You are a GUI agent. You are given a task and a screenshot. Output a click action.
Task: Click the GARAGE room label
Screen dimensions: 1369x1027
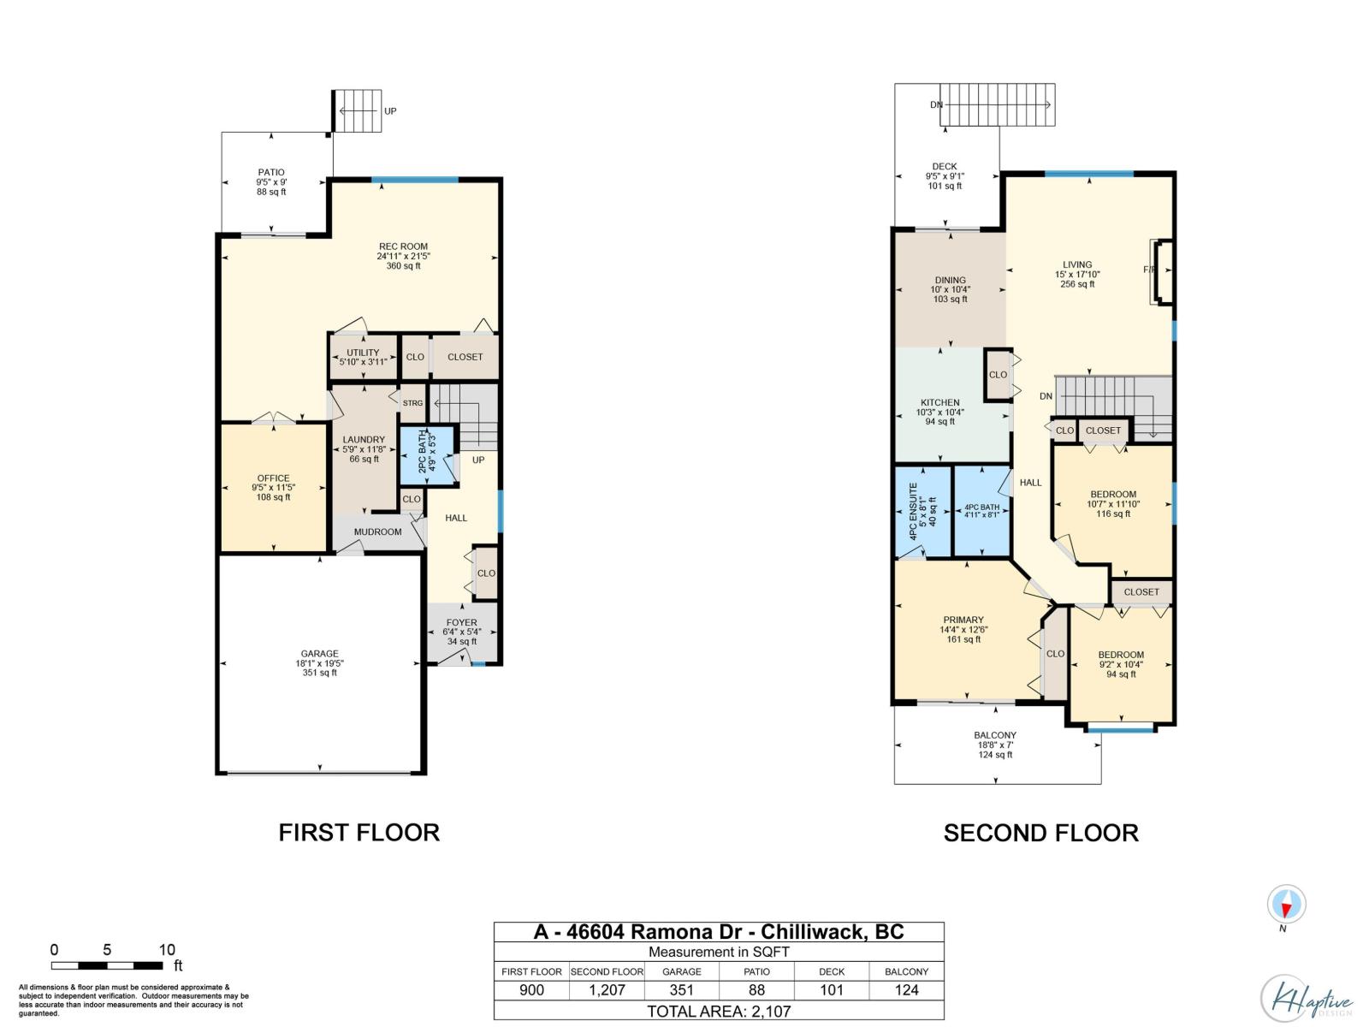tap(319, 654)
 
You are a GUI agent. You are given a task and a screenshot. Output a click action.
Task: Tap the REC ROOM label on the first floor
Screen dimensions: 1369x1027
tap(403, 246)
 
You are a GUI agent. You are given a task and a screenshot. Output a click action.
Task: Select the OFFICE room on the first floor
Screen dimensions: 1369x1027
tap(273, 488)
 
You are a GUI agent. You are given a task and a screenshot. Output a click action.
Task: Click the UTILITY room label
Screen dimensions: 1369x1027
tap(363, 353)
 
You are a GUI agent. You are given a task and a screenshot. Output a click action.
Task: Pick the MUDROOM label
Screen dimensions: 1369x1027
tap(377, 531)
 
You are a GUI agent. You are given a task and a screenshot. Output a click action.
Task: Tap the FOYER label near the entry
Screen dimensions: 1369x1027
tap(461, 622)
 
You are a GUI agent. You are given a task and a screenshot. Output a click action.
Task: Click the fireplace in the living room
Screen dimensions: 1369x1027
tap(1162, 272)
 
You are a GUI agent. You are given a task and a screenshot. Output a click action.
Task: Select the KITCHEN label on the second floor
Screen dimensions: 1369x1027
tap(939, 403)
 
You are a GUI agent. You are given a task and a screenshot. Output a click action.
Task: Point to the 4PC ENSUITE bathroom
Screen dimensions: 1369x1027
tap(922, 511)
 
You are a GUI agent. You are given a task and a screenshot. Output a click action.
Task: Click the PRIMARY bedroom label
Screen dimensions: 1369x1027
tap(963, 620)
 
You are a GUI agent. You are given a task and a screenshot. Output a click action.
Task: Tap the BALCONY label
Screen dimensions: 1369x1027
tap(995, 735)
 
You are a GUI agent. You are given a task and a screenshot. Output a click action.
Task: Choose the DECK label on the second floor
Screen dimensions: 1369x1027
tap(945, 167)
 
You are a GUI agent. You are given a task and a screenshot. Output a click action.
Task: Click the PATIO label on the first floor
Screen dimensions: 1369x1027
tap(271, 172)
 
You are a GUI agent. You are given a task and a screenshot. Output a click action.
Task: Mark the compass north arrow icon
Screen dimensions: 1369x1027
tap(1286, 904)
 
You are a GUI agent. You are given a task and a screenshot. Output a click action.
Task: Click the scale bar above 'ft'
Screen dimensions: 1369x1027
tap(107, 966)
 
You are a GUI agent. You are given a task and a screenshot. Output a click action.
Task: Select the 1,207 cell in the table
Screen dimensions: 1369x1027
tap(607, 989)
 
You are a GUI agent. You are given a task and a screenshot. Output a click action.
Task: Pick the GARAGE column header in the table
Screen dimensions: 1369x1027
tap(682, 971)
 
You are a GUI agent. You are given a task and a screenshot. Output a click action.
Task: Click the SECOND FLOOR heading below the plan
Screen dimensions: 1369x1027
tap(1040, 833)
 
